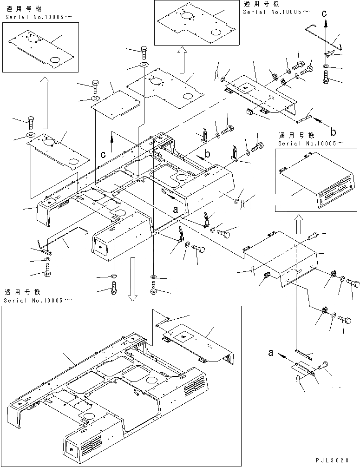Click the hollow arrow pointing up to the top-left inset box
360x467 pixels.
tap(45, 102)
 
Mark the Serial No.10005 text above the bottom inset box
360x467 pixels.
tap(37, 300)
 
